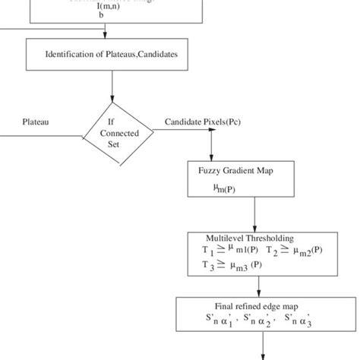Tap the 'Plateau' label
tap(36, 121)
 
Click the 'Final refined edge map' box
tap(257, 314)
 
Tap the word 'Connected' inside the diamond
tap(113, 132)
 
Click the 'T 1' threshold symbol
tap(208, 250)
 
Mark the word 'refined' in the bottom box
tap(243, 306)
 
